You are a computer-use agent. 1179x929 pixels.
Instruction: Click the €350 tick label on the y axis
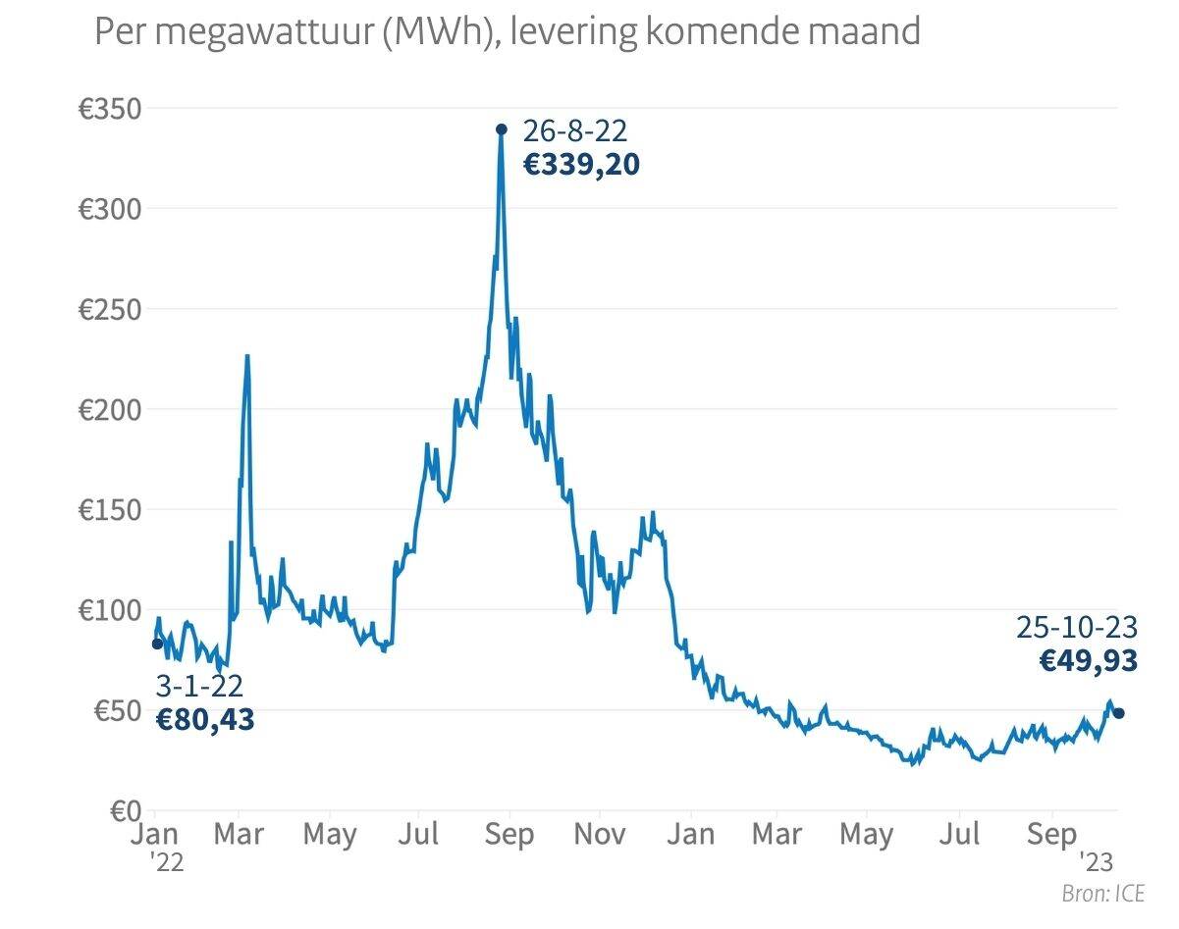tap(110, 109)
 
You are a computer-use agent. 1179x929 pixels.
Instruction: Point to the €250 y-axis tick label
tap(110, 309)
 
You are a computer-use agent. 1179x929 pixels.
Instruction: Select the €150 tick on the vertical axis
tap(110, 510)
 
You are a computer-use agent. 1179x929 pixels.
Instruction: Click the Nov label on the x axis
tap(600, 835)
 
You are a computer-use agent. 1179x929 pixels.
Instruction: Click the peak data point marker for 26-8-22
tap(501, 129)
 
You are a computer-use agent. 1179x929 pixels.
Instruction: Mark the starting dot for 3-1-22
tap(157, 644)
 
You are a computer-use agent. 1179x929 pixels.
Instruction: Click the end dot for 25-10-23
tap(1118, 713)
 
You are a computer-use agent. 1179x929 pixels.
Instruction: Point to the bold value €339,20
tap(581, 164)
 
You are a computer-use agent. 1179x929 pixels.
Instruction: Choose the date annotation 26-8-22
tap(574, 130)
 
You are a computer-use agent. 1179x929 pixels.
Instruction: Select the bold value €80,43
tap(205, 720)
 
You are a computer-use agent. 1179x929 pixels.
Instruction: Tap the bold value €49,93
tap(1089, 661)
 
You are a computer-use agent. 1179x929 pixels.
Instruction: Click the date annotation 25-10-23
tap(1077, 627)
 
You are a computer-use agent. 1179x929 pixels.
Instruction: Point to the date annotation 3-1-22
tap(199, 686)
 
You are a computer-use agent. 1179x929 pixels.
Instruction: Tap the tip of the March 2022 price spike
tap(247, 356)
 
